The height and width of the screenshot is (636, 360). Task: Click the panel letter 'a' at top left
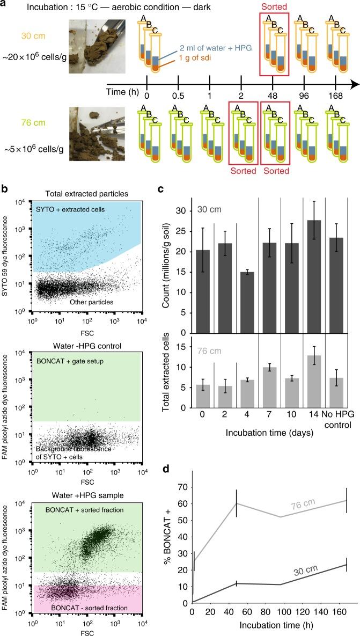click(x=5, y=5)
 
